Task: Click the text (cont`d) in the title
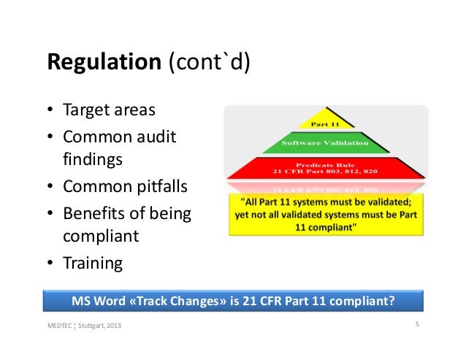(x=209, y=63)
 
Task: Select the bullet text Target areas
(x=110, y=111)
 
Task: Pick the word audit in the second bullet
(x=158, y=137)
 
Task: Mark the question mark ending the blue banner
(x=391, y=300)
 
